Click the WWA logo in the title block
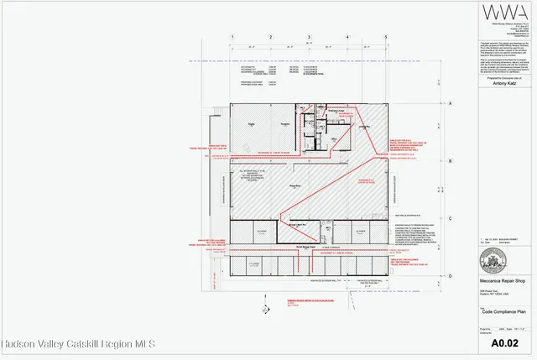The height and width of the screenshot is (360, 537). click(x=493, y=16)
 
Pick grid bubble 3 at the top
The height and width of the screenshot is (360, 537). click(x=309, y=38)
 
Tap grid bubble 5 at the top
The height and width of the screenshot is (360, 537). click(x=385, y=38)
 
